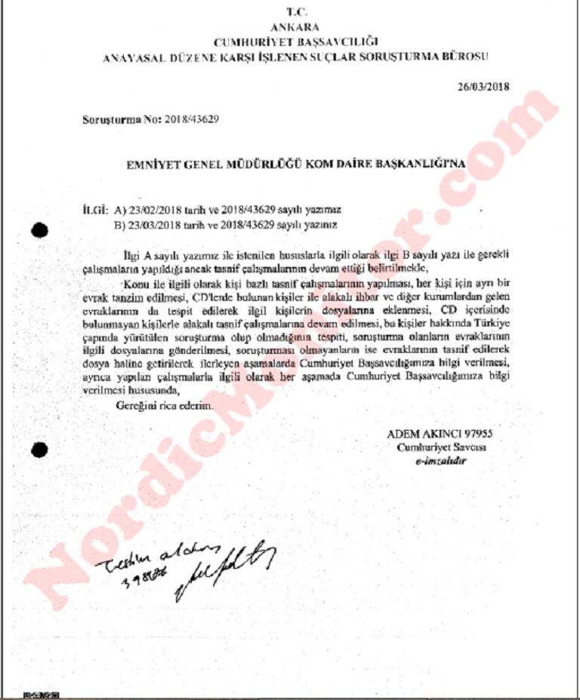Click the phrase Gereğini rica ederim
click(x=164, y=407)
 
